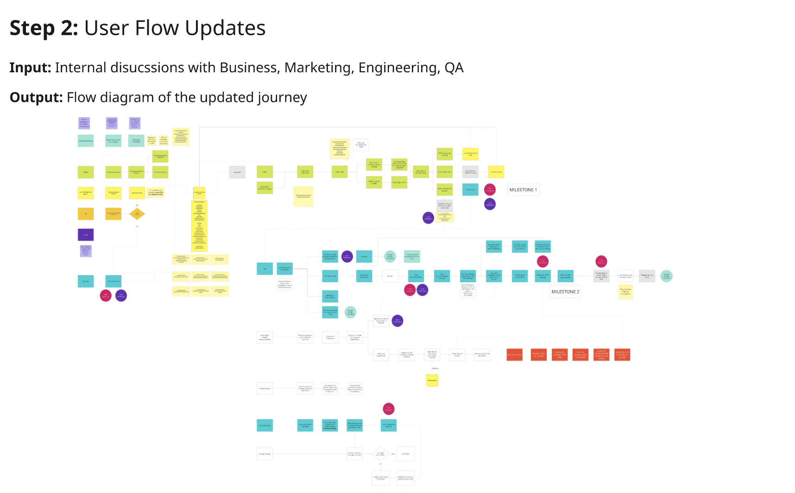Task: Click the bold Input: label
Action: pyautogui.click(x=30, y=68)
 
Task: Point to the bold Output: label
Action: pyautogui.click(x=36, y=98)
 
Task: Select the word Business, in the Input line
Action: pyautogui.click(x=250, y=68)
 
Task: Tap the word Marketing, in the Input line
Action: pyautogui.click(x=319, y=68)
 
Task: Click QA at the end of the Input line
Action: pyautogui.click(x=454, y=68)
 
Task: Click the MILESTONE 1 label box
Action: pyautogui.click(x=523, y=190)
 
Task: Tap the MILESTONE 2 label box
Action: pyautogui.click(x=565, y=292)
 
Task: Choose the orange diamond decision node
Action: pyautogui.click(x=137, y=214)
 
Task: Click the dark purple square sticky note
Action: pyautogui.click(x=86, y=235)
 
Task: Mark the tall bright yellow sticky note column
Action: pyautogui.click(x=199, y=226)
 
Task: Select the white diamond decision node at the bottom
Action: pyautogui.click(x=380, y=454)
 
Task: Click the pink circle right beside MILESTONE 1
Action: pyautogui.click(x=490, y=189)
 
